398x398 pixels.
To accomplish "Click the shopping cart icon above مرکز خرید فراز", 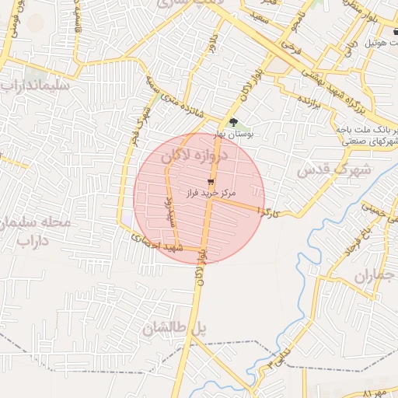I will click(x=210, y=181).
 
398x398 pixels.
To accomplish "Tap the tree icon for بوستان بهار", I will click(x=233, y=122).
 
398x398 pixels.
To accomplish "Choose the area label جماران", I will click(x=375, y=276).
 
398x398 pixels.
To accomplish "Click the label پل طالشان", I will click(x=174, y=329).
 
